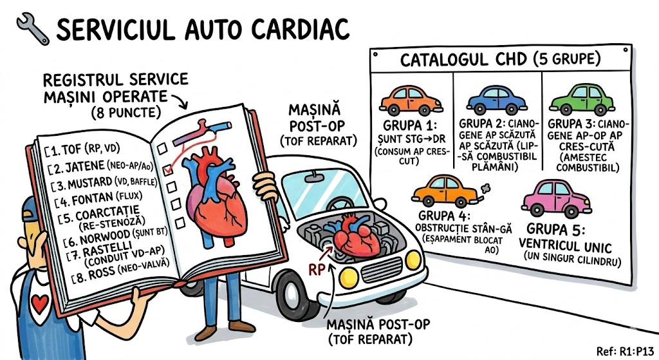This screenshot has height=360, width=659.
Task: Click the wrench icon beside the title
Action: [x=30, y=28]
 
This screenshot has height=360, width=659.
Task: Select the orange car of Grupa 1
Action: [x=410, y=100]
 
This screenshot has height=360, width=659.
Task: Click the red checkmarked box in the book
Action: [x=169, y=169]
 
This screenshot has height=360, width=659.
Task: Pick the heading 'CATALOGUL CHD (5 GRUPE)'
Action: [x=501, y=60]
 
